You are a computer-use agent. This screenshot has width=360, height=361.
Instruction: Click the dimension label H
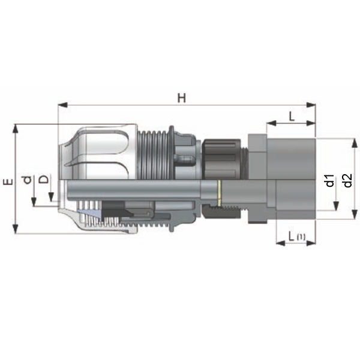pyautogui.click(x=181, y=98)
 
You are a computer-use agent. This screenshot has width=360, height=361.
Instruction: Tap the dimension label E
pyautogui.click(x=8, y=182)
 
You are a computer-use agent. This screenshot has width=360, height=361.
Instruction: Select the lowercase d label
pyautogui.click(x=28, y=180)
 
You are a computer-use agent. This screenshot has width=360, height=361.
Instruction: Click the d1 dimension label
pyautogui.click(x=330, y=180)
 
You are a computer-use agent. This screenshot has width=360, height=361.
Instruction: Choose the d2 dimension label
pyautogui.click(x=347, y=180)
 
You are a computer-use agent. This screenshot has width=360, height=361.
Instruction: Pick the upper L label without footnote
pyautogui.click(x=292, y=117)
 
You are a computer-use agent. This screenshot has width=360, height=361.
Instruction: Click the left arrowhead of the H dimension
pyautogui.click(x=62, y=105)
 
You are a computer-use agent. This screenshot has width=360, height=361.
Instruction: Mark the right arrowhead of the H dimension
pyautogui.click(x=311, y=105)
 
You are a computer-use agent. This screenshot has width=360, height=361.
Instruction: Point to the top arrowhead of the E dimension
pyautogui.click(x=16, y=129)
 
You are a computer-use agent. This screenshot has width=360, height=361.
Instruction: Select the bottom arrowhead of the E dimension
pyautogui.click(x=16, y=229)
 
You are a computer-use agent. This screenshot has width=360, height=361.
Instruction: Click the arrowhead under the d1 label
pyautogui.click(x=336, y=206)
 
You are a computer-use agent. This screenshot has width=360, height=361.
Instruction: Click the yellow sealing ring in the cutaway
pyautogui.click(x=220, y=193)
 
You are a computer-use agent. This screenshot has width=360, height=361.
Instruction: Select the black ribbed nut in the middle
pyautogui.click(x=221, y=159)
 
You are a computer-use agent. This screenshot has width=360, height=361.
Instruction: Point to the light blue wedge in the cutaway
pyautogui.click(x=91, y=214)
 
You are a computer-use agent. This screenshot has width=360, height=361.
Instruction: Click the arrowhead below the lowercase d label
pyautogui.click(x=34, y=202)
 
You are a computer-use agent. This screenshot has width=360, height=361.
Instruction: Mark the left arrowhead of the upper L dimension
pyautogui.click(x=271, y=123)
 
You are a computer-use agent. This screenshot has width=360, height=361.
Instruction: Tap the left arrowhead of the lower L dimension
pyautogui.click(x=281, y=243)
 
